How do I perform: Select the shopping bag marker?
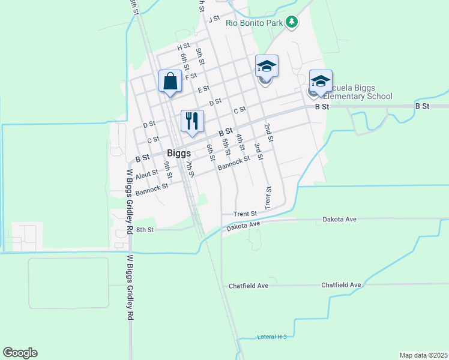pos(170,81)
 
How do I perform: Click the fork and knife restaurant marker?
pos(192,121)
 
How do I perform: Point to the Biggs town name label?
pos(179,153)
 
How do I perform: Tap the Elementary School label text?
pos(358,96)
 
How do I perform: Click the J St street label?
pos(214,19)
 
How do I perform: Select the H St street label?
pos(183,46)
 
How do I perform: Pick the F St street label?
pos(191,76)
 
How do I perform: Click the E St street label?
pos(203,88)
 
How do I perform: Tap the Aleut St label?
pos(146,173)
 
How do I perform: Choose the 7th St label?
pos(190,169)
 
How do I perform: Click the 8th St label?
pos(145,229)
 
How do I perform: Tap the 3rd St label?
pos(258,152)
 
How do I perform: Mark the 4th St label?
pos(241,143)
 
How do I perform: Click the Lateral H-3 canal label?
pos(271,337)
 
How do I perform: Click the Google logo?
pos(20,353)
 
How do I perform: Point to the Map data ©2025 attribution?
pos(423,355)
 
